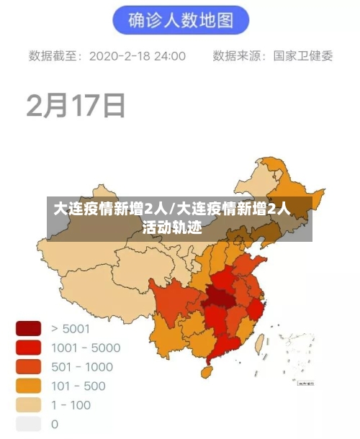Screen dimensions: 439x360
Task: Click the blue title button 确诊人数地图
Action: click(180, 21)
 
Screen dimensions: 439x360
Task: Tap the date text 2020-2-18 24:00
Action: click(138, 56)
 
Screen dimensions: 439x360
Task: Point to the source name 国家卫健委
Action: click(303, 56)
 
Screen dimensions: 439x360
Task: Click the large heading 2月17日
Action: click(76, 105)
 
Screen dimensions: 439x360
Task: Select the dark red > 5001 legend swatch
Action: click(29, 329)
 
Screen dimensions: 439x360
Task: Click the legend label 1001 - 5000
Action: click(86, 348)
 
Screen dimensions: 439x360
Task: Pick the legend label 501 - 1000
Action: click(82, 367)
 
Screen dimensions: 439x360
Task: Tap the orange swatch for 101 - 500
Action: click(29, 386)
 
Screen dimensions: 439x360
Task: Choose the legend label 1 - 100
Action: click(71, 405)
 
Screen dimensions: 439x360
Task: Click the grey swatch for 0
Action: click(29, 424)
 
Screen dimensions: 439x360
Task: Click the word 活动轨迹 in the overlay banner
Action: click(171, 227)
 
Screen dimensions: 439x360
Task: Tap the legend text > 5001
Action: click(71, 329)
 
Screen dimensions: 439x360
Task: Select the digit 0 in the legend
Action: click(55, 425)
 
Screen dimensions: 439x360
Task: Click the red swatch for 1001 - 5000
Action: click(29, 348)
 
